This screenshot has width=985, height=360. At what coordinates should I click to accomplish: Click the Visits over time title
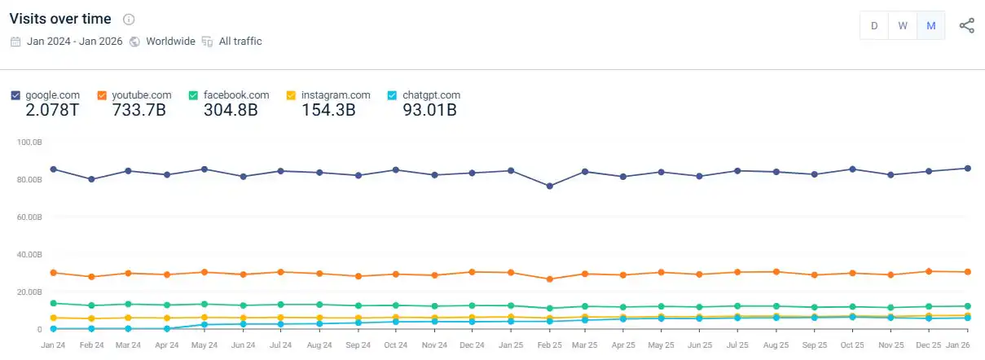pos(61,19)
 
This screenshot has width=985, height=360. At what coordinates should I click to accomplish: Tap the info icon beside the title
pos(129,20)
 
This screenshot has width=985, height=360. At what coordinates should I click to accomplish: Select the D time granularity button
pos(873,25)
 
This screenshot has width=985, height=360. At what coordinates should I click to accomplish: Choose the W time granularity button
pos(902,25)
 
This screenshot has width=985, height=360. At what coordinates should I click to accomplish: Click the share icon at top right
pos(966,25)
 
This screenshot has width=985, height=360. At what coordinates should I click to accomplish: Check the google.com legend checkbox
pos(15,95)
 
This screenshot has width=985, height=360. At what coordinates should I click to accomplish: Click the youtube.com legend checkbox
pos(102,95)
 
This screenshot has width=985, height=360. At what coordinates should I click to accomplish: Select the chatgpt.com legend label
pos(431,95)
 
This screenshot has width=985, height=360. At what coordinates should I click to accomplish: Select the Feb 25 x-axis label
pos(549,345)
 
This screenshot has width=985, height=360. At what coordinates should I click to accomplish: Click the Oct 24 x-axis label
pos(395,345)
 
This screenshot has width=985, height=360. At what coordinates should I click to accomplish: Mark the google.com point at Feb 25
pos(549,187)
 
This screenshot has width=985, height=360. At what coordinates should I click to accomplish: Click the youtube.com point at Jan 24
pos(53,273)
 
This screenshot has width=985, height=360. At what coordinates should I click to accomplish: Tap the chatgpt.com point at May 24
pos(205,324)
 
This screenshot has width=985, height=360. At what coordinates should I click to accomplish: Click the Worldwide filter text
pos(170,41)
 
